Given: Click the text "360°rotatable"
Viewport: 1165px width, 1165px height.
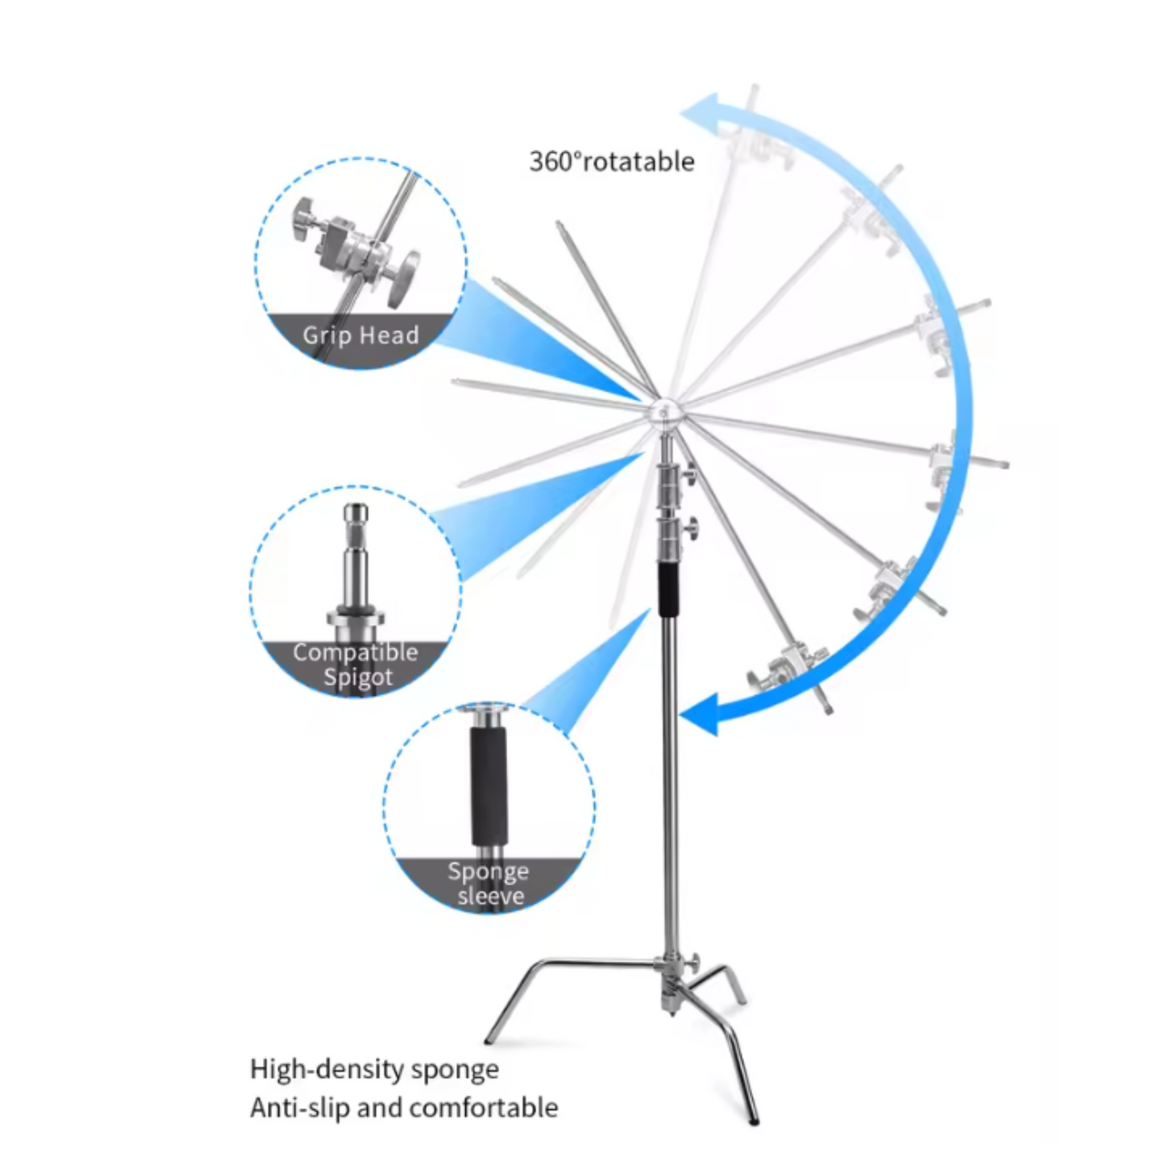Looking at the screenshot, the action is tap(611, 161).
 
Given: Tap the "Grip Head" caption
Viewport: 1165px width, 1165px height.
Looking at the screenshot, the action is tap(361, 335).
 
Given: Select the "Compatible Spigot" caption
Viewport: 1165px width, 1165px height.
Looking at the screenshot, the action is tap(356, 664).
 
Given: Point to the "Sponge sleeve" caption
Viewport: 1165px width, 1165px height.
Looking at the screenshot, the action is tap(489, 884).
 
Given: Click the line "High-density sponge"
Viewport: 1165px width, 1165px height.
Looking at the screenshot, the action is tap(374, 1070).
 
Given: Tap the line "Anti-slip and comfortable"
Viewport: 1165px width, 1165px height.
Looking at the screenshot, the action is tap(404, 1108).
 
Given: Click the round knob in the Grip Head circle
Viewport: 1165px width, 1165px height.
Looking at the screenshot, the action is tap(404, 277).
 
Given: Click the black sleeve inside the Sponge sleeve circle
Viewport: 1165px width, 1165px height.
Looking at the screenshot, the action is tap(489, 786).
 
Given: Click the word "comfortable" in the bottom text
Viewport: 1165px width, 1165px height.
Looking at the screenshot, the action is tap(484, 1108).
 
